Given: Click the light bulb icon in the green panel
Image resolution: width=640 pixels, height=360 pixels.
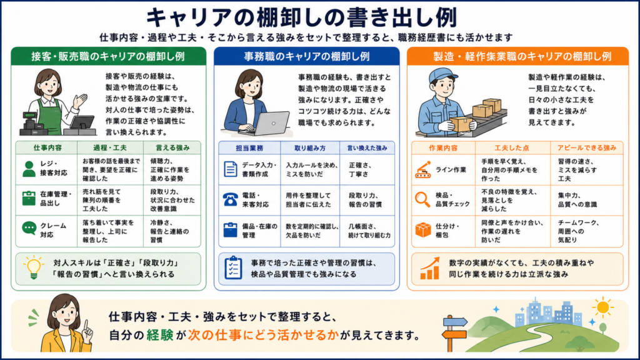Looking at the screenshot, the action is [34, 267].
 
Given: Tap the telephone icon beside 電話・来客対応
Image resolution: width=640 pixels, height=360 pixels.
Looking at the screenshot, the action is [230, 199].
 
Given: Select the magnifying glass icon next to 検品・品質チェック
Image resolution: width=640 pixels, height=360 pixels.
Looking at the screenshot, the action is [422, 199].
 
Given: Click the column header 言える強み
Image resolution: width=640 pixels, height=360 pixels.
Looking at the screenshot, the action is [172, 147].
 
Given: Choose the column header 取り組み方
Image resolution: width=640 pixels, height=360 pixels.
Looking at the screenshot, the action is [310, 148].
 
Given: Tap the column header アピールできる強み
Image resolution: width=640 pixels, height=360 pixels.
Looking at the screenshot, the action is [586, 147].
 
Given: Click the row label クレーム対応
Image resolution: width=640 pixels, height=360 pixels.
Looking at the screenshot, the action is [52, 231].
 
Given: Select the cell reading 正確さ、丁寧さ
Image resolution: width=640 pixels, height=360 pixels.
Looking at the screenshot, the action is [359, 170].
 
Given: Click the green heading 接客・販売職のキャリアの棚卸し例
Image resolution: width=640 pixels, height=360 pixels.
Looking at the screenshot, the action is [108, 56].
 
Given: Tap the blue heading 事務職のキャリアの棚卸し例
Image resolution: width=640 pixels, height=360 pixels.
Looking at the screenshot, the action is [306, 56].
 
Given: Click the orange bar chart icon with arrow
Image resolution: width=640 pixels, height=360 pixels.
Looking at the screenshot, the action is [430, 269].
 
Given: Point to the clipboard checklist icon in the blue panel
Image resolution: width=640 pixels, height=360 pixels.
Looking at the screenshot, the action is [233, 268].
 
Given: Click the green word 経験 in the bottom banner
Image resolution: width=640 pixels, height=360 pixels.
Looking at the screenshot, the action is [159, 335].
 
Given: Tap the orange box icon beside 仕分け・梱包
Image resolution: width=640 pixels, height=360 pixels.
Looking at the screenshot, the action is [423, 230].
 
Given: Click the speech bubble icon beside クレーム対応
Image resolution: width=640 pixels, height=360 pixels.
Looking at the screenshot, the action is [29, 228].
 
